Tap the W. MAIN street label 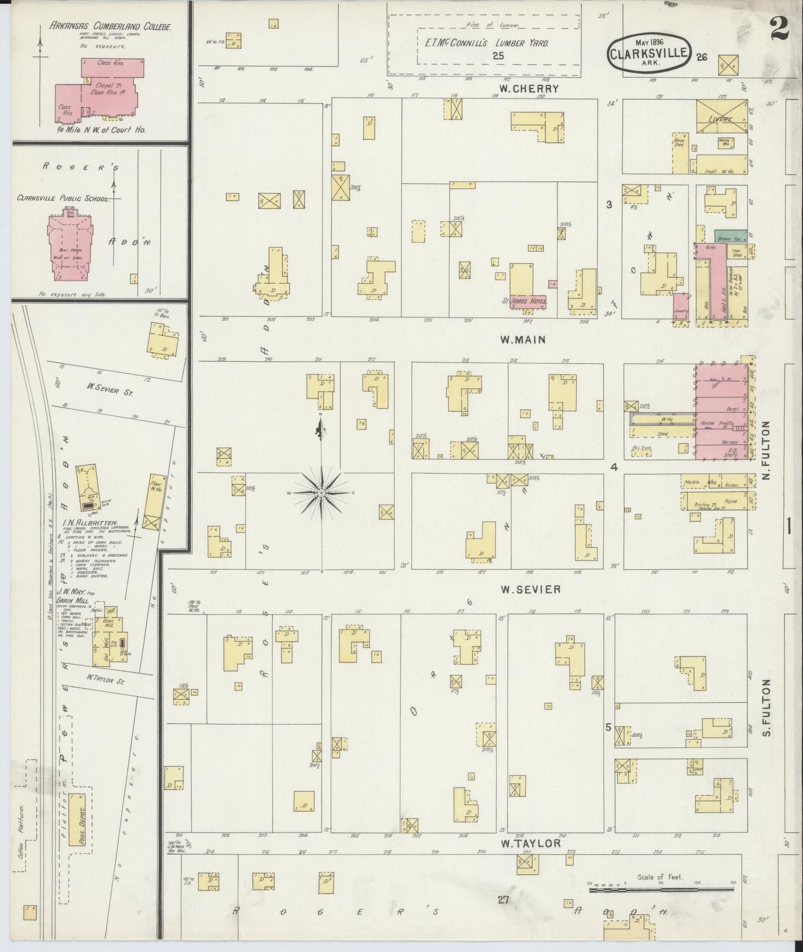[522, 339]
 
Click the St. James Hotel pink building [528, 302]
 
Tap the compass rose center [322, 493]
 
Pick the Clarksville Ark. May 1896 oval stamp [649, 54]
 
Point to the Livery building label [721, 119]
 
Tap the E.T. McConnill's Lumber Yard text [483, 43]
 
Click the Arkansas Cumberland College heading [110, 26]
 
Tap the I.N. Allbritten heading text [89, 523]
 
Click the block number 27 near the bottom [503, 900]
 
